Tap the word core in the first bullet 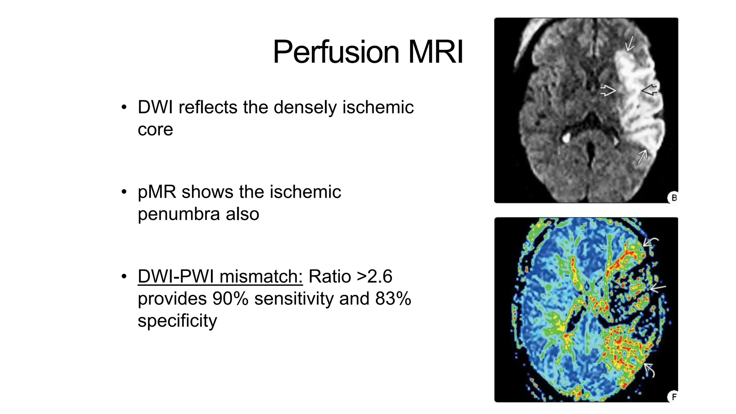pos(155,129)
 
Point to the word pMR pos(157,192)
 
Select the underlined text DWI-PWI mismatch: pos(220,277)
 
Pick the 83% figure pos(393,299)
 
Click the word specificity pos(178,321)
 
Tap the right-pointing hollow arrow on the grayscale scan pos(608,91)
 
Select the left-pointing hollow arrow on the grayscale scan pos(649,90)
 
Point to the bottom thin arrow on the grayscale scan pos(642,157)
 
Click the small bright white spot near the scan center pos(566,137)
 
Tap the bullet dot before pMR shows pos(124,192)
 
